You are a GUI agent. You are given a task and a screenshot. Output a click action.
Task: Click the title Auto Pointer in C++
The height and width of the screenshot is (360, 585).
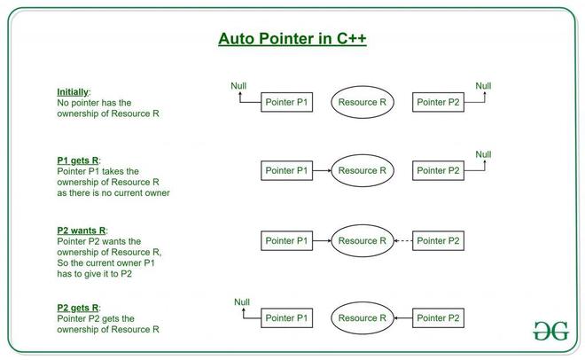(292, 39)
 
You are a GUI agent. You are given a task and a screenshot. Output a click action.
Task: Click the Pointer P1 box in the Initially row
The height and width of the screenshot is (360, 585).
(286, 102)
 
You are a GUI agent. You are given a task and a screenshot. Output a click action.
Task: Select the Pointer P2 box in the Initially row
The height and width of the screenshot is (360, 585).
(438, 102)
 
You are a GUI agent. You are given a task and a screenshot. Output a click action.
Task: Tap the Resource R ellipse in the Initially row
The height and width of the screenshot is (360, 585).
(362, 102)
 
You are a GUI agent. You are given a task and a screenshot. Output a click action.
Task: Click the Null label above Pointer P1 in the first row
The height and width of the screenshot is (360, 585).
(238, 85)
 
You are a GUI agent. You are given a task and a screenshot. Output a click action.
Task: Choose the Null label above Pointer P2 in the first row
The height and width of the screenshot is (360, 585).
(483, 85)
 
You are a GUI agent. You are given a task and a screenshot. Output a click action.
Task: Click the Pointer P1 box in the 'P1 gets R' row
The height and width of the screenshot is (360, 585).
(286, 170)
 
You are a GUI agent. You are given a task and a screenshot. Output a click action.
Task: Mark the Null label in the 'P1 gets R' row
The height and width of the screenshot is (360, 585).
(483, 154)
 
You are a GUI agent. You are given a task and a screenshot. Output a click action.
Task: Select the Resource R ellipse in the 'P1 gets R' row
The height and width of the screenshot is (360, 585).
(362, 170)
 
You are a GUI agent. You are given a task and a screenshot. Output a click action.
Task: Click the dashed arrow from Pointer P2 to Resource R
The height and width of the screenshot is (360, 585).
(402, 240)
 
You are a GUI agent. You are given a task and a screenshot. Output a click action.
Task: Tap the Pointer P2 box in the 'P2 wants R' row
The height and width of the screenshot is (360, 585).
(438, 240)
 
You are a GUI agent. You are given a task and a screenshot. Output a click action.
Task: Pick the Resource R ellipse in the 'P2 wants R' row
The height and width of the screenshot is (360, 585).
(362, 240)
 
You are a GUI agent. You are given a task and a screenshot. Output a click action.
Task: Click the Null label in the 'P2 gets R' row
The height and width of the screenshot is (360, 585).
(242, 301)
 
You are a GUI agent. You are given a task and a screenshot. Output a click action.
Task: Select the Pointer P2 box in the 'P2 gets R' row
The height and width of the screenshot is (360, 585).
(438, 317)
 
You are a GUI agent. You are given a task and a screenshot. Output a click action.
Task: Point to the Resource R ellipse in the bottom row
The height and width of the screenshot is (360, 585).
(362, 317)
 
